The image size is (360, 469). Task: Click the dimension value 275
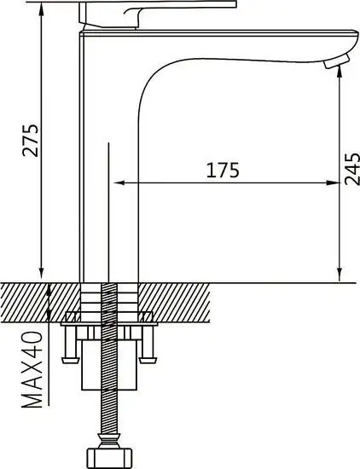tap(31, 140)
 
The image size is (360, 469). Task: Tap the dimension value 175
tap(223, 171)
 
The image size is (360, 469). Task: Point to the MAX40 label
tap(32, 370)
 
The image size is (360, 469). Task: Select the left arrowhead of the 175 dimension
tap(119, 182)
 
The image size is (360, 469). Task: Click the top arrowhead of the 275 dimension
tap(41, 9)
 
